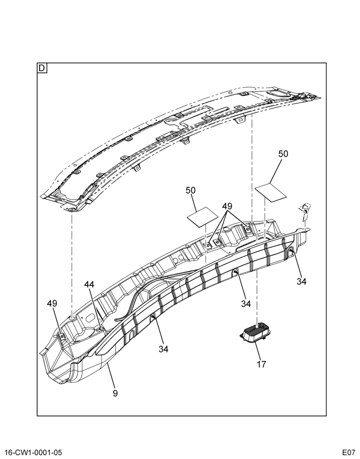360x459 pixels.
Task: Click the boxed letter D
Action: click(42, 68)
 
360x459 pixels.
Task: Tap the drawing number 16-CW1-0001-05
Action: click(32, 452)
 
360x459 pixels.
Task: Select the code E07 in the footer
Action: click(348, 452)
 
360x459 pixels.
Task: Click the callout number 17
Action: click(261, 364)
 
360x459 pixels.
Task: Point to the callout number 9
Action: click(115, 393)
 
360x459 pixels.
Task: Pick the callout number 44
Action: click(90, 284)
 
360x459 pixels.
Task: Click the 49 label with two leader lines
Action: click(227, 207)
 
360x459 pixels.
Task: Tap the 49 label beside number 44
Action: click(52, 303)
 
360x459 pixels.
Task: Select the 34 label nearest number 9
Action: click(163, 349)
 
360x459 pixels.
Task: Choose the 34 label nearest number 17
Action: click(246, 304)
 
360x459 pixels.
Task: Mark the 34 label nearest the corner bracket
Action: click(301, 281)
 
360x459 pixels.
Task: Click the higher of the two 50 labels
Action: click(283, 154)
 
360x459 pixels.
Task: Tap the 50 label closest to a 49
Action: click(191, 190)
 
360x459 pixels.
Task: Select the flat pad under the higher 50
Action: click(271, 192)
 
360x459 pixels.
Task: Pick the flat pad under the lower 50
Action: click(202, 217)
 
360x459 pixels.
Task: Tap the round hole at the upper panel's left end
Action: click(72, 210)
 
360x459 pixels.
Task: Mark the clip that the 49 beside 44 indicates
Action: click(62, 336)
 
